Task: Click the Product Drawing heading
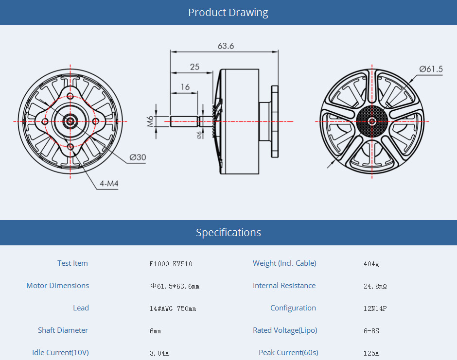pos(228,13)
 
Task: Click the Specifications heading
pos(228,232)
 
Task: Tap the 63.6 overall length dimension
pos(226,46)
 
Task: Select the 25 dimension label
pos(194,67)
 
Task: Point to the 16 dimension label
pos(185,87)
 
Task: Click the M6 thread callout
pos(150,121)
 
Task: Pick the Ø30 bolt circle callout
pos(138,157)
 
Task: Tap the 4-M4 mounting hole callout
pos(109,184)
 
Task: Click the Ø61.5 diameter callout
pos(431,69)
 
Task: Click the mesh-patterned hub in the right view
pos(372,121)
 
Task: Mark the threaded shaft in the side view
pos(184,121)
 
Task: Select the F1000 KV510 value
pos(171,264)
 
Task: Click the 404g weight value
pos(371,264)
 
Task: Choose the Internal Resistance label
pos(284,286)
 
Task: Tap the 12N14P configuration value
pos(375,309)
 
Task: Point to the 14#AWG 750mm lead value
pos(173,309)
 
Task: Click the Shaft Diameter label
pos(63,330)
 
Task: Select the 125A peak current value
pos(371,353)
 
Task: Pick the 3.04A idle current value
pos(159,353)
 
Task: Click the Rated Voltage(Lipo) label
pos(285,330)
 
